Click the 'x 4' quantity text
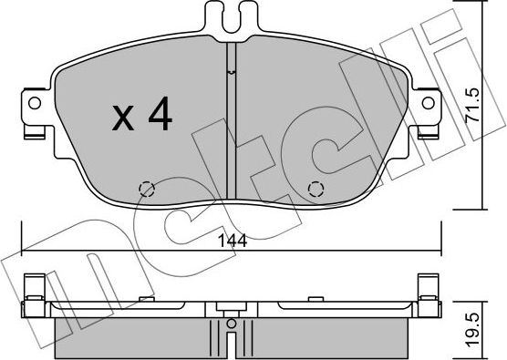tap(140, 118)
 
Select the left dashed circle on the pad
tap(146, 190)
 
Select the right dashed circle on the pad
tap(316, 190)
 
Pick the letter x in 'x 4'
tap(121, 119)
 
